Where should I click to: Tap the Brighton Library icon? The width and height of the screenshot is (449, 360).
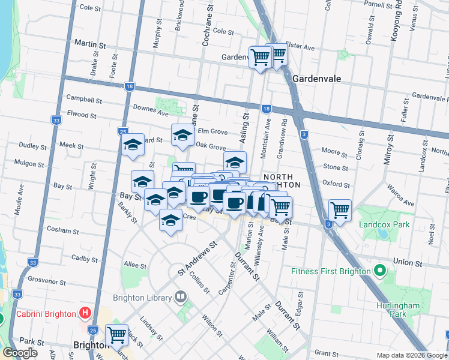(181, 297)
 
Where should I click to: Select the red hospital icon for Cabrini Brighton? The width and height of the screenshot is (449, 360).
(85, 313)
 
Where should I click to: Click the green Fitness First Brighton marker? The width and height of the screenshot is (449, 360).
(379, 271)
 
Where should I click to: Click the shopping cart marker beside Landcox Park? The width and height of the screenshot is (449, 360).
(340, 211)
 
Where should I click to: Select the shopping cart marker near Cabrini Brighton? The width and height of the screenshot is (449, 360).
(116, 335)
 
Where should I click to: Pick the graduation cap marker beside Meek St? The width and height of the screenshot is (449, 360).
(133, 145)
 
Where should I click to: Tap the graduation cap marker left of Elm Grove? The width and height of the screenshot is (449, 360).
(182, 135)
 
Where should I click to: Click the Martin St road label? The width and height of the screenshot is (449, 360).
(89, 44)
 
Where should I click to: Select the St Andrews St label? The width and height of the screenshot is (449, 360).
(196, 260)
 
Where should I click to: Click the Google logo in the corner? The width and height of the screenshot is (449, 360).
(20, 352)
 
